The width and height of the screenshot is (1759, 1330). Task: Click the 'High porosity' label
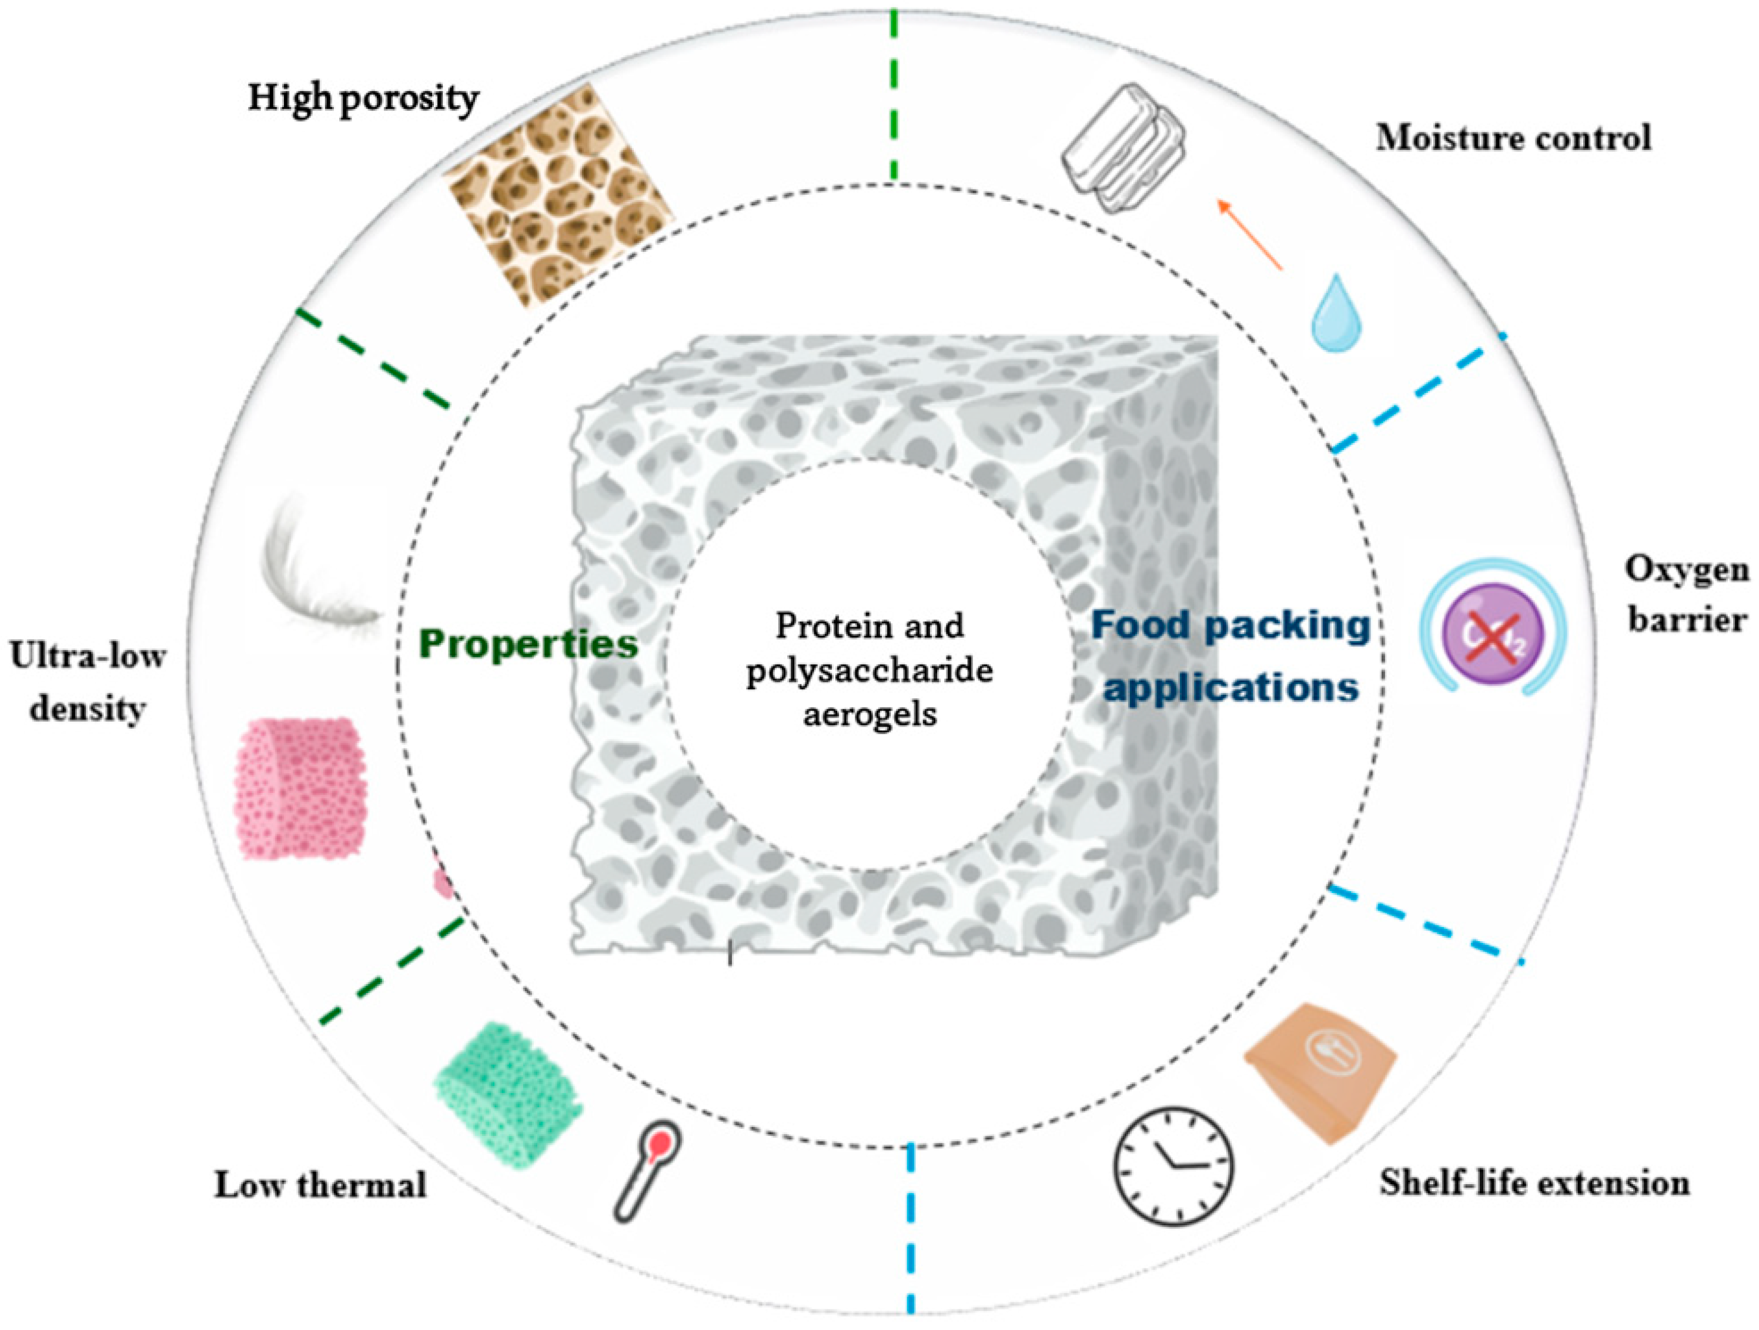363,99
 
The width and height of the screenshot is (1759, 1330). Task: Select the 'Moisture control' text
1513,138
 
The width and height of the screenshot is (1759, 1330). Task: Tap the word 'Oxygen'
1686,569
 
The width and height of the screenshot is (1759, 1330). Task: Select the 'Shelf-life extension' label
1534,1183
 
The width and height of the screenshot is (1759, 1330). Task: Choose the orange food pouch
1320,1072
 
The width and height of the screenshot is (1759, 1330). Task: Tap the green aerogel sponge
507,1094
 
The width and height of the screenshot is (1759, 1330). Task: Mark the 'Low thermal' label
320,1185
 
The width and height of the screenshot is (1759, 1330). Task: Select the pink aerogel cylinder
300,788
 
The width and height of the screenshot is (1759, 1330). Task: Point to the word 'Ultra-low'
88,657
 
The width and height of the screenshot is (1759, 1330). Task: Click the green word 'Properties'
528,644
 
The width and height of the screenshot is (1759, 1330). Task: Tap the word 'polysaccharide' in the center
869,671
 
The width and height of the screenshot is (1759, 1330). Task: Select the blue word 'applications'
1230,686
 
